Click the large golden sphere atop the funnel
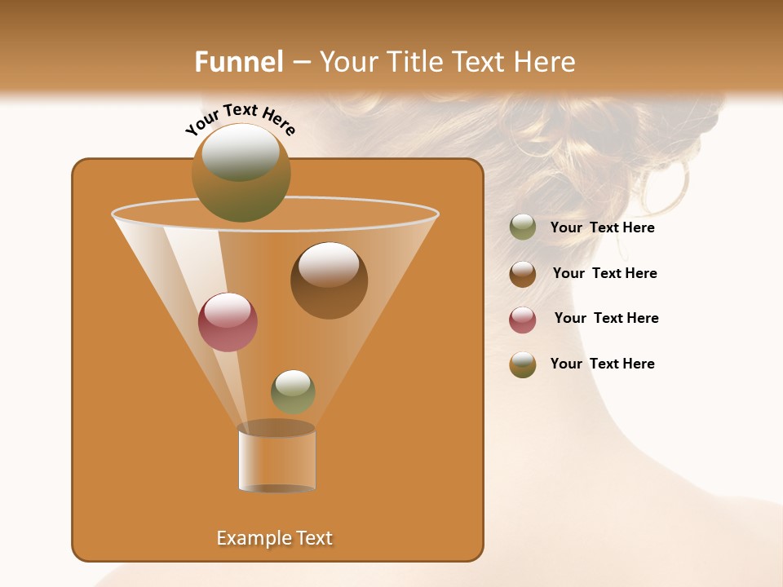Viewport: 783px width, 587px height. [241, 172]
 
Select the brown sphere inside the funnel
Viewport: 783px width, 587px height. [329, 280]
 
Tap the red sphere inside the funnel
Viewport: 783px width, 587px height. [228, 322]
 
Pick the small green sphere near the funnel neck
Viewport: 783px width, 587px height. [293, 391]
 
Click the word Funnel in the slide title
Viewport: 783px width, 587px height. [238, 62]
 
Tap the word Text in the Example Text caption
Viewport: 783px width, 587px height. [312, 538]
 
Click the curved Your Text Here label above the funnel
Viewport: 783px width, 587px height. [240, 118]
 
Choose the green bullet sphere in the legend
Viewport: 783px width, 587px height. [523, 227]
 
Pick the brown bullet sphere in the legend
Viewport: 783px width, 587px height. [523, 274]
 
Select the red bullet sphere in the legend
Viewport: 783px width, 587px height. [523, 320]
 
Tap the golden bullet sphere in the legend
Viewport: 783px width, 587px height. [523, 364]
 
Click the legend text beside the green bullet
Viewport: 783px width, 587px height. [602, 228]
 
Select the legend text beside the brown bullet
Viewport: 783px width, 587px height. [604, 274]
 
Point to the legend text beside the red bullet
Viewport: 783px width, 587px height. [606, 319]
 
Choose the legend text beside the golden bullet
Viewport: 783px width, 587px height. [602, 364]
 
